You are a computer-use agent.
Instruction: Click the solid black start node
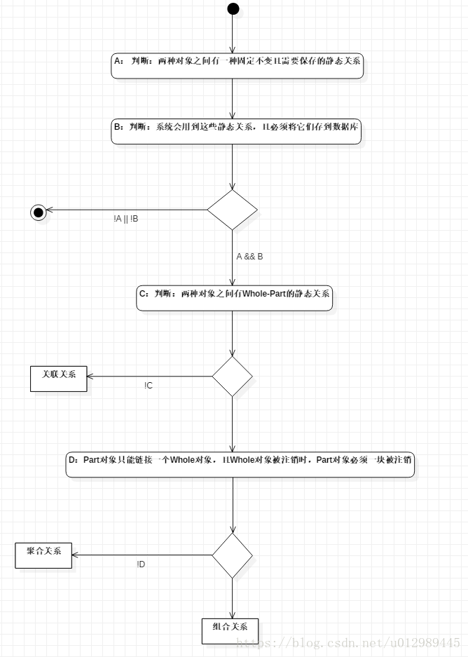pyautogui.click(x=233, y=8)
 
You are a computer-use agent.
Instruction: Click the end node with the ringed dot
pyautogui.click(x=39, y=212)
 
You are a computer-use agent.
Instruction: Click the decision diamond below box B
pyautogui.click(x=232, y=210)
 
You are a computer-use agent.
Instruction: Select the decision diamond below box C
pyautogui.click(x=232, y=377)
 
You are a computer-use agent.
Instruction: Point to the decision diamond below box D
pyautogui.click(x=232, y=555)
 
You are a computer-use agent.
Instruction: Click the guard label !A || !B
pyautogui.click(x=125, y=219)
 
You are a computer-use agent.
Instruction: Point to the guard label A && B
pyautogui.click(x=249, y=257)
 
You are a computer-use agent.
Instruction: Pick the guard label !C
pyautogui.click(x=149, y=386)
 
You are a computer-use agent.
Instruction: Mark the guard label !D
pyautogui.click(x=141, y=564)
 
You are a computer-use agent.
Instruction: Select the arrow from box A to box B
pyautogui.click(x=232, y=99)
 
